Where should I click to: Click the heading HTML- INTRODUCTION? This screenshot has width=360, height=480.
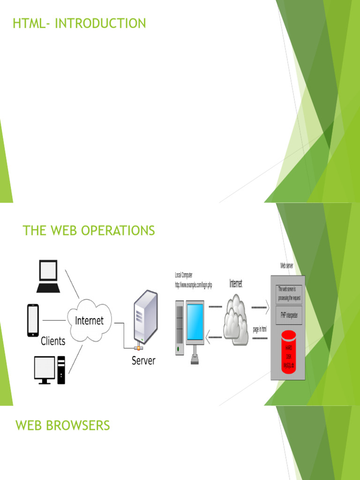point(79,23)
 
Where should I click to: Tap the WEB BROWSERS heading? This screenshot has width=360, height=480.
point(63,426)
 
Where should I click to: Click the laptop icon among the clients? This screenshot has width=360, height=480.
point(48,276)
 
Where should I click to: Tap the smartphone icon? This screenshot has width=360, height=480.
point(33,321)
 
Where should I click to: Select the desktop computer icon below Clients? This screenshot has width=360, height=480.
point(49,370)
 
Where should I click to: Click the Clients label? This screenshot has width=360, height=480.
point(53,341)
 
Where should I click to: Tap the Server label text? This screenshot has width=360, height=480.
point(143,361)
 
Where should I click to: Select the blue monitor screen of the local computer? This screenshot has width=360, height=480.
point(195,322)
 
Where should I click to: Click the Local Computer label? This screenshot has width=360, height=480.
point(184,275)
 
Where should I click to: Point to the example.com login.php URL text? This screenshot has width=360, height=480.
point(193,285)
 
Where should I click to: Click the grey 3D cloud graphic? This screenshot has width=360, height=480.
point(235,318)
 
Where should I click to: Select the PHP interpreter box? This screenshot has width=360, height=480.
point(289,315)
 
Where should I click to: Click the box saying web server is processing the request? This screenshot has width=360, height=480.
point(289,293)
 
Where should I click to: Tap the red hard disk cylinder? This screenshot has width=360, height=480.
point(288,352)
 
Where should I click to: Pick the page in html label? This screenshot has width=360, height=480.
point(260,330)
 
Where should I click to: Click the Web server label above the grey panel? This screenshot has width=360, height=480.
point(287,265)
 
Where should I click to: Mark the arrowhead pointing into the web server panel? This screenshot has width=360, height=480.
point(267,308)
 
